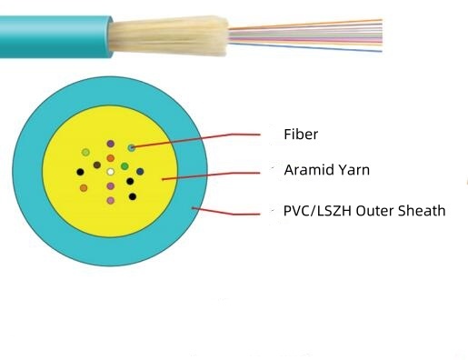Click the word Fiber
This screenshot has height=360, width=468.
[301, 135]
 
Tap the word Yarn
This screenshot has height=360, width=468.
[353, 169]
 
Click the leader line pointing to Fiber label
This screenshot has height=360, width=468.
[209, 138]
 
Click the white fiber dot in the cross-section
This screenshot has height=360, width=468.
[110, 170]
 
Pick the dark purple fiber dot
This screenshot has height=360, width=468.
[110, 144]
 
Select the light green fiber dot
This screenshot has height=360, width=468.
[85, 152]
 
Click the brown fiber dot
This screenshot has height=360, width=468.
[96, 165]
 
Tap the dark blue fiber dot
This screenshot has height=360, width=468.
[139, 171]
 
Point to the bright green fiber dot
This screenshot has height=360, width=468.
[124, 165]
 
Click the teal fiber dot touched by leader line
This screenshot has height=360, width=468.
[132, 147]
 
